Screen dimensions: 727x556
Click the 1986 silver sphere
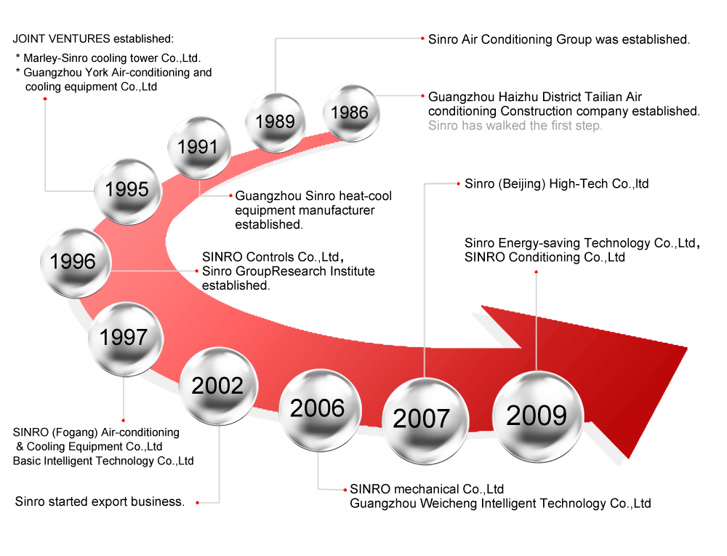(351, 114)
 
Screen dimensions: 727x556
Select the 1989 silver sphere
(276, 122)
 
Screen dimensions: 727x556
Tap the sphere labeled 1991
(199, 148)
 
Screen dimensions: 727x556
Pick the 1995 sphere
(127, 191)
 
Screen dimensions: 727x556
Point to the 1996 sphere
(76, 263)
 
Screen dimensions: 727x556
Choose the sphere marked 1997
(126, 339)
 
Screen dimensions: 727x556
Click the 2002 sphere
(218, 386)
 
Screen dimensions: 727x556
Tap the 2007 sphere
(425, 421)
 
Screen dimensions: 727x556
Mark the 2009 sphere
(537, 416)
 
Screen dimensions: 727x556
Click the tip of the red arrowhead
(687, 347)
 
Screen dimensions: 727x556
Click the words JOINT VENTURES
(61, 39)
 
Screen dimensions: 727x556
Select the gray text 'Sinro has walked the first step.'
(515, 125)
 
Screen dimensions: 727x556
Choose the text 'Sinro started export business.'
(100, 501)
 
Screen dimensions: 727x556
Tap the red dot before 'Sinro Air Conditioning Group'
(422, 39)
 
